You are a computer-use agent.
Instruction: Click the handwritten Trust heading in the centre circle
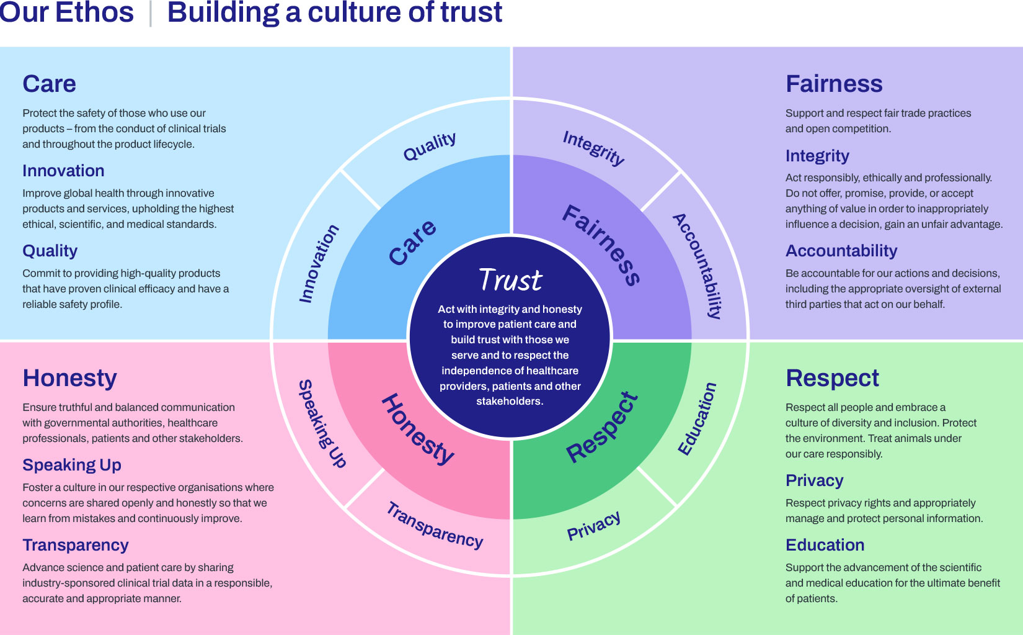point(511,280)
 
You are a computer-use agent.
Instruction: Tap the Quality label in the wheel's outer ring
point(430,146)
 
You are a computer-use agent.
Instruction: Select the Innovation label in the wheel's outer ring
point(319,263)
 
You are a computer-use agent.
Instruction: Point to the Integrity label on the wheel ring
point(593,148)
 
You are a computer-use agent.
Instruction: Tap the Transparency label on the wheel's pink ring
point(435,526)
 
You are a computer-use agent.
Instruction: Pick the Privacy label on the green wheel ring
point(594,526)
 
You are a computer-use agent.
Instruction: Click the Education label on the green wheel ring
point(697,419)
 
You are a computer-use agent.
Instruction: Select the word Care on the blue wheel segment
point(412,242)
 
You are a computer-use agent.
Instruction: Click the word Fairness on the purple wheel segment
point(601,245)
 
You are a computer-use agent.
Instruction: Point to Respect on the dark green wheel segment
point(602,428)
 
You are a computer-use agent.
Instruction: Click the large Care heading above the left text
point(50,84)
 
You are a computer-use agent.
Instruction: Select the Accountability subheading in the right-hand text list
point(841,251)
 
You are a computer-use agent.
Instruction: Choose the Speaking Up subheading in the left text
point(72,465)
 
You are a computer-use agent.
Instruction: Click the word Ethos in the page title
point(94,12)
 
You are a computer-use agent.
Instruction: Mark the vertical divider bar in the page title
point(151,14)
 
